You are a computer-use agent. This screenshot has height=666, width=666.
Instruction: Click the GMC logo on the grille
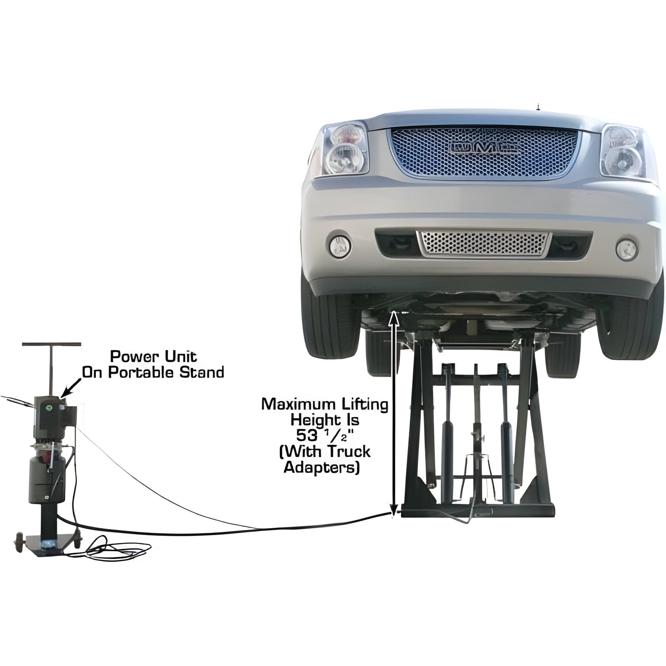click(484, 147)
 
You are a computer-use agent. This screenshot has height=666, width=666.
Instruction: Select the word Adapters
click(321, 467)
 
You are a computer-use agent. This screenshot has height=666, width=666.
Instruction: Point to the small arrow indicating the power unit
click(64, 391)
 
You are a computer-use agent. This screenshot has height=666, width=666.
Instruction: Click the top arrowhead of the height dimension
click(393, 315)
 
